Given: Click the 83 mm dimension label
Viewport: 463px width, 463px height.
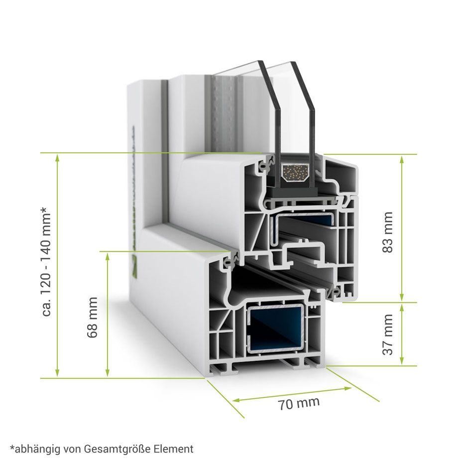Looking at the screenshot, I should (388, 232).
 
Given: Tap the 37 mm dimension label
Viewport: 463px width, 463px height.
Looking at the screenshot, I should (388, 334).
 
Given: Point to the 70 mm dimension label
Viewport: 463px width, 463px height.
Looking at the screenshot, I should (299, 403).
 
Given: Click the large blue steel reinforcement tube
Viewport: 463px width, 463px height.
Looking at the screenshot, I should (276, 329).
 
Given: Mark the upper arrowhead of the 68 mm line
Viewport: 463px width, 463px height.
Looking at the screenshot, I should (107, 255).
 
